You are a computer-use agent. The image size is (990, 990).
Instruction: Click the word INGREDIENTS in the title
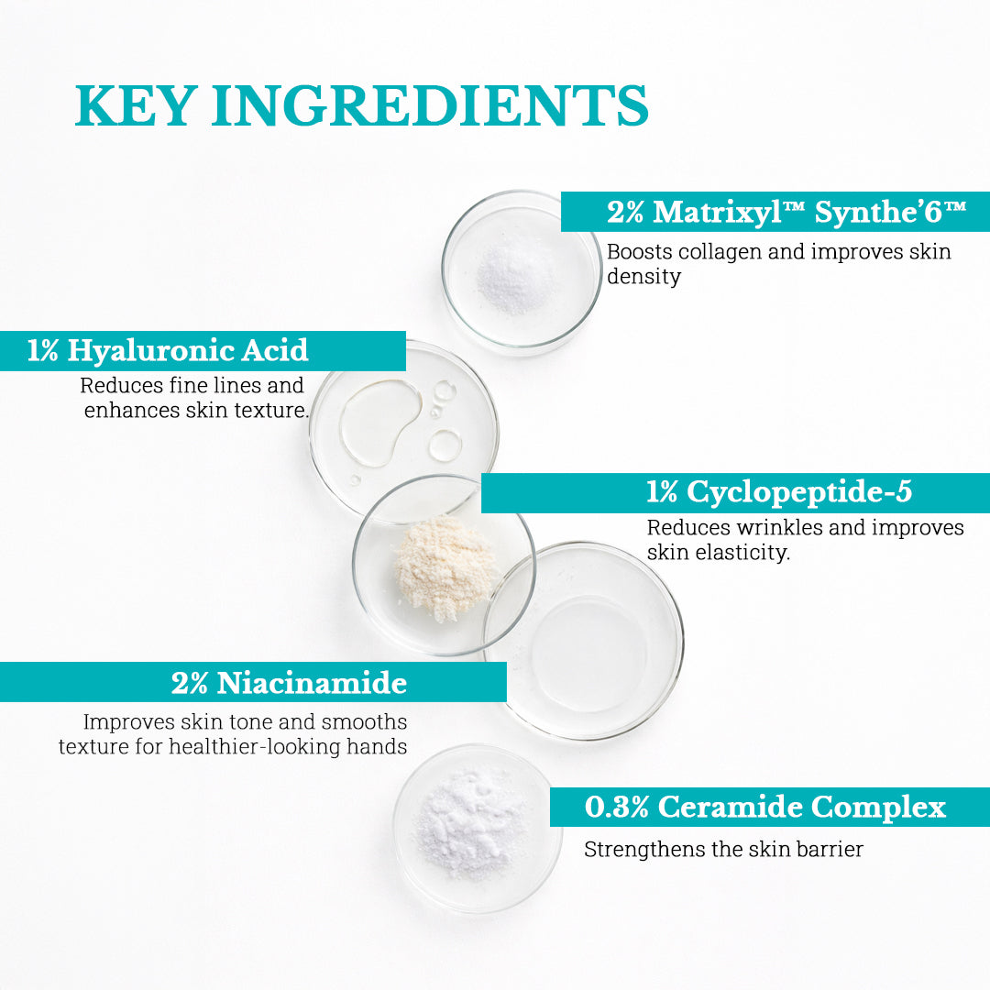click(430, 105)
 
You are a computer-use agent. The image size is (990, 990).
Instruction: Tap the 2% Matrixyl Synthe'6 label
click(786, 212)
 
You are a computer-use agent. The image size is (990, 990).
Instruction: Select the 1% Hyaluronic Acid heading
click(168, 351)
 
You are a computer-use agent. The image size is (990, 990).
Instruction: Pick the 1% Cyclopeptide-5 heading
click(779, 492)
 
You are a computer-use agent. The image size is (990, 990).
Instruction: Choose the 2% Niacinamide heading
click(289, 683)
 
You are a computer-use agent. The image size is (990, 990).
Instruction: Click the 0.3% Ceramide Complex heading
click(764, 808)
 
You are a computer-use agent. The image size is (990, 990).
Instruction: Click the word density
click(643, 277)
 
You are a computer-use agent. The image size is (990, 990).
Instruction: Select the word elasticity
click(742, 553)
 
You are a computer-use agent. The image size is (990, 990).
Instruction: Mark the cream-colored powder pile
click(445, 567)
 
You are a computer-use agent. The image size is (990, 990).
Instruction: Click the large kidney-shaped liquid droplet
click(380, 423)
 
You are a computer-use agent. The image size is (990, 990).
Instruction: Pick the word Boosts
click(640, 253)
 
